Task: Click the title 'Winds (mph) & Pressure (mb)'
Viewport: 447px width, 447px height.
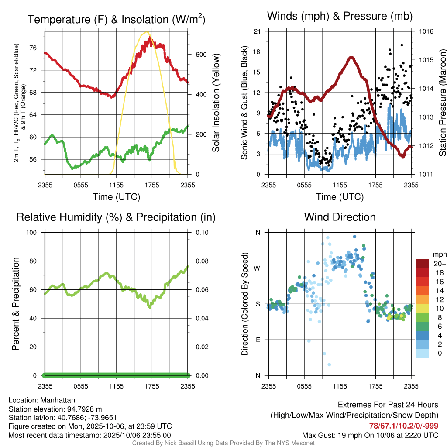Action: [340, 17]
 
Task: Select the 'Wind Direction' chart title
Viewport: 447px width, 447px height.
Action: [340, 217]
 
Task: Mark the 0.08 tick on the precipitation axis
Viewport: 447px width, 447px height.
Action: [201, 261]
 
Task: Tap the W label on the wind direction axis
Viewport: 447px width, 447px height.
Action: [258, 268]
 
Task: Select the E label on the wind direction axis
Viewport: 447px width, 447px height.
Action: [258, 340]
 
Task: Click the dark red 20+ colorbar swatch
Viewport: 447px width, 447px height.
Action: [423, 264]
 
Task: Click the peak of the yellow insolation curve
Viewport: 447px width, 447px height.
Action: [147, 32]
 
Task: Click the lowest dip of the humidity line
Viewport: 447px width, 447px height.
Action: [150, 307]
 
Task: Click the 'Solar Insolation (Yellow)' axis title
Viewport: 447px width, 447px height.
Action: [216, 103]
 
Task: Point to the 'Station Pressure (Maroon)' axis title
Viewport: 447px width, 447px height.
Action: [441, 103]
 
